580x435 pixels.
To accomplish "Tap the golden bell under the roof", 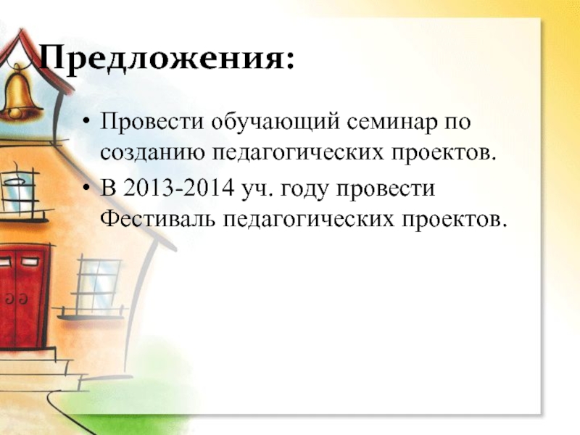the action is click(x=19, y=93).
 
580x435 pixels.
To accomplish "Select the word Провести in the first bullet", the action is click(x=152, y=121).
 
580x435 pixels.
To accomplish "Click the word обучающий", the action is click(x=275, y=122).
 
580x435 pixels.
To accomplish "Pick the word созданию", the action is click(x=152, y=152).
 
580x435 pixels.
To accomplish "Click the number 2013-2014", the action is click(x=178, y=188).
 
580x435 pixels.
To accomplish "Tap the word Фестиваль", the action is click(x=157, y=219).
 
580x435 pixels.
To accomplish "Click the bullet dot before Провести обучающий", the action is click(x=86, y=121).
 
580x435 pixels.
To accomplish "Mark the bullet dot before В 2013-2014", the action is click(x=86, y=188).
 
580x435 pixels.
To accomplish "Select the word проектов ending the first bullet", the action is click(x=444, y=153).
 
